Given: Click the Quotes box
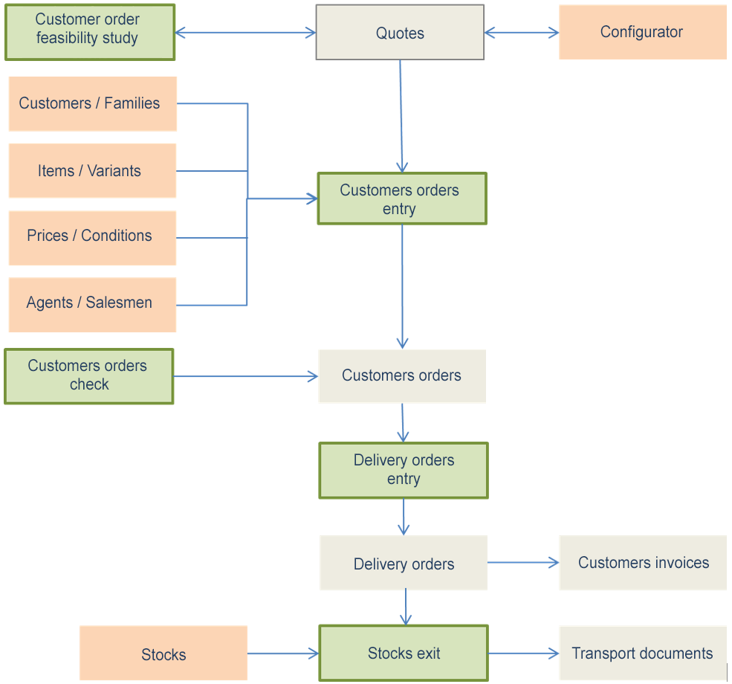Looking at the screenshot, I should coord(400,33).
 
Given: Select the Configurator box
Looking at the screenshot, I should coord(642,32).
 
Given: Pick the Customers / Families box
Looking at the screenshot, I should coord(92,103).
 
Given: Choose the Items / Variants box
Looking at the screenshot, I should coord(92,171).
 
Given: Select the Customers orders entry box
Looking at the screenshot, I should coord(401,199).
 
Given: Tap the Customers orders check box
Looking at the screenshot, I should coord(88,376).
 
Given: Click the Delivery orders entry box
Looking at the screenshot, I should coord(404,470).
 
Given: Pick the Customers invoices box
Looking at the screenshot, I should coord(643,563).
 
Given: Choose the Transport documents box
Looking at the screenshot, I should coord(643,654).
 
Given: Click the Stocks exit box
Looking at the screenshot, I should coord(404,654).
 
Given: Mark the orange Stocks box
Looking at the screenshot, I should coord(163,654).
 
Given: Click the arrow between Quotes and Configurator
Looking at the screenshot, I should coord(521,33).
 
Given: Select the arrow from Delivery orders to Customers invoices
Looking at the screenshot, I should coord(522,563).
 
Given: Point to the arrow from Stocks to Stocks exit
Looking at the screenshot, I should coord(282,654).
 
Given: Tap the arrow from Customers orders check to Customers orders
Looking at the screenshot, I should coord(245,376).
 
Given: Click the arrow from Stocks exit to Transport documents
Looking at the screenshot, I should coord(522,654).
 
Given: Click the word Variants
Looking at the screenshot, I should coord(114,171).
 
